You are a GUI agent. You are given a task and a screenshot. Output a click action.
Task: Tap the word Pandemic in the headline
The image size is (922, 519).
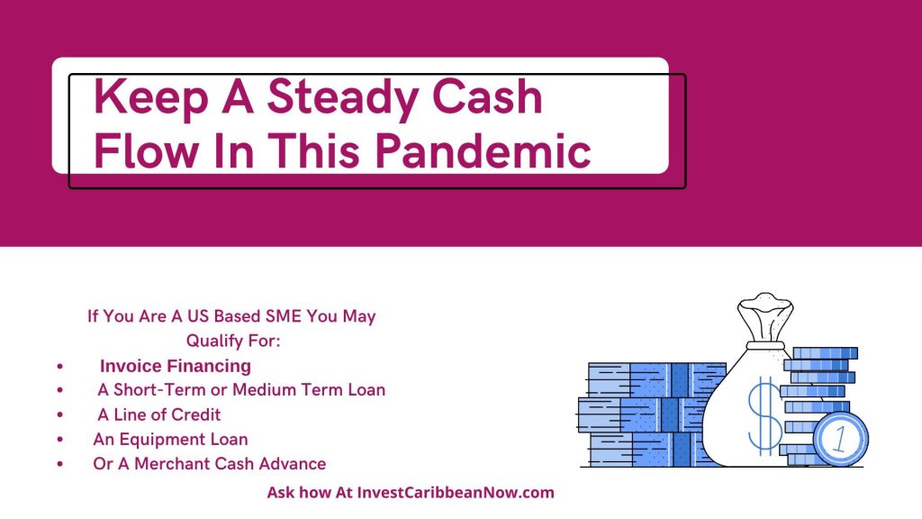click(x=483, y=150)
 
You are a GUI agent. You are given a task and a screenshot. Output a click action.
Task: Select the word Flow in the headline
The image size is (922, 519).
click(x=146, y=150)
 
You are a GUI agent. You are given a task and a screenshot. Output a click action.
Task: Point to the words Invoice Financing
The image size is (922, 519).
click(x=176, y=366)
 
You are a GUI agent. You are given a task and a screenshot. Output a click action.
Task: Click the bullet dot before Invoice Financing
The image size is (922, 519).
click(x=60, y=366)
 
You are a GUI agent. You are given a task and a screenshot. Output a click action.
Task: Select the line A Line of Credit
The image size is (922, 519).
click(x=158, y=414)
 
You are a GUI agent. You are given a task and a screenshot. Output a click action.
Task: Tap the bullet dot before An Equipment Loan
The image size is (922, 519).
click(x=60, y=440)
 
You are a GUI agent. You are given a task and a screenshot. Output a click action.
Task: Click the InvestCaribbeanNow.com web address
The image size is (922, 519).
click(x=456, y=493)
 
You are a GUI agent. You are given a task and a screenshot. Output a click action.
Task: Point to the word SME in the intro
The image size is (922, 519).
click(x=284, y=316)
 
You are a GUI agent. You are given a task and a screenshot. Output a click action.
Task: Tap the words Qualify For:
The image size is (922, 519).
click(x=233, y=341)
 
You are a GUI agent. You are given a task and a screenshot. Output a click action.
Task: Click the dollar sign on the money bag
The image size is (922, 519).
click(x=764, y=414)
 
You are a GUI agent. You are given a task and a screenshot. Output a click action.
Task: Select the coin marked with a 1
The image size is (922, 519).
click(x=841, y=439)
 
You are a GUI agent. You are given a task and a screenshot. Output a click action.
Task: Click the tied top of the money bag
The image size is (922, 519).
click(x=765, y=318)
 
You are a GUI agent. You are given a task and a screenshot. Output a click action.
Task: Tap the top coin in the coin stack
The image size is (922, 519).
click(x=825, y=353)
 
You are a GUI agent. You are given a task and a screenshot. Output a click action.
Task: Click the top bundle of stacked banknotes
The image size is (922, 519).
click(x=656, y=379)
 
